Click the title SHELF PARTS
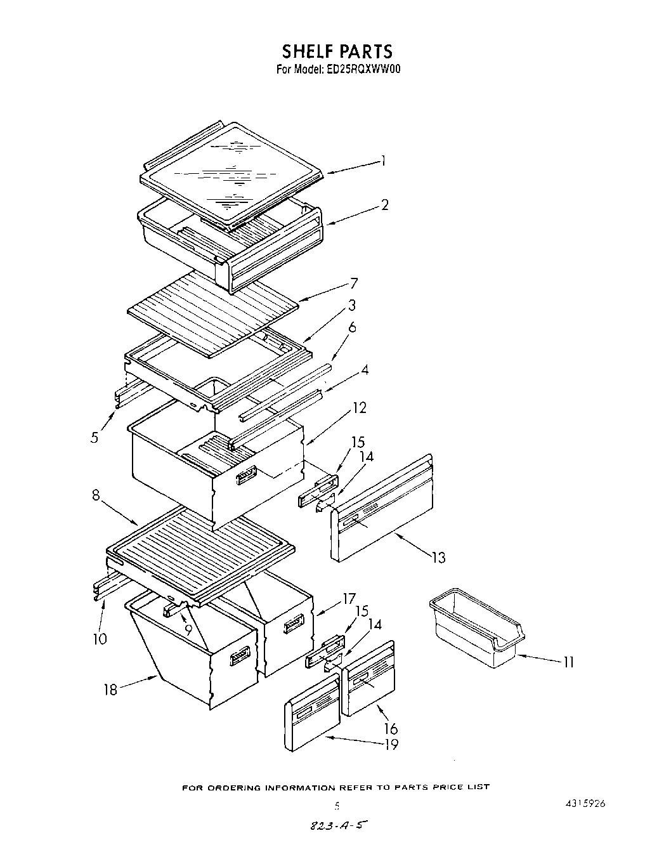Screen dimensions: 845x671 337,51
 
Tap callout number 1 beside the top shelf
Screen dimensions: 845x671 383,161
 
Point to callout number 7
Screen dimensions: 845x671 354,284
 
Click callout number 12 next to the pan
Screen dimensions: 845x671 359,408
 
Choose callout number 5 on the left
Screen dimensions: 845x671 94,437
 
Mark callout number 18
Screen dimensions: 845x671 111,690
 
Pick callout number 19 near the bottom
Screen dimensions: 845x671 391,744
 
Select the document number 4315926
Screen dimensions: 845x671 583,802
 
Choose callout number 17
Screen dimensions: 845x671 348,598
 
